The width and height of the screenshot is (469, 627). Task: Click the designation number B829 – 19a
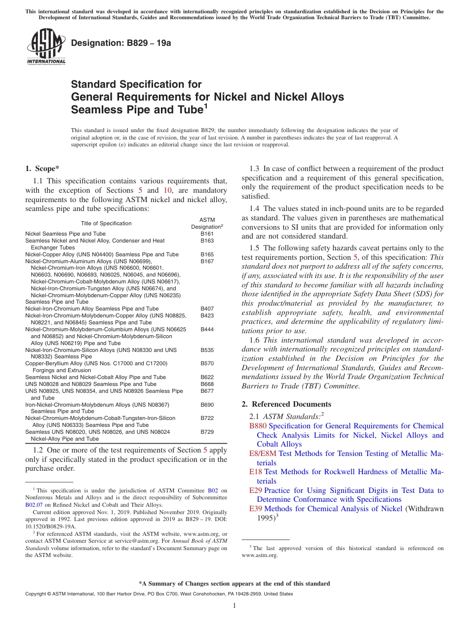click(121, 43)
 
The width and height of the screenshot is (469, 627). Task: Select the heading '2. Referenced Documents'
click(286, 404)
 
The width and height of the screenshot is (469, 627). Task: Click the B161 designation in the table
click(207, 234)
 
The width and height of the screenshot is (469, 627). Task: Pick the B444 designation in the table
click(207, 329)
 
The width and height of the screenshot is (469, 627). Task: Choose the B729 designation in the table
click(207, 431)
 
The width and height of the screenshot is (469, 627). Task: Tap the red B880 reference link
click(258, 426)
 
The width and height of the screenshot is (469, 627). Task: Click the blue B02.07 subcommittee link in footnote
click(34, 505)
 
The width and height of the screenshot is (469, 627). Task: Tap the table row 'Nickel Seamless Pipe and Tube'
click(65, 234)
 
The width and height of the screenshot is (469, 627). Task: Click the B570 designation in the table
click(207, 363)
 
